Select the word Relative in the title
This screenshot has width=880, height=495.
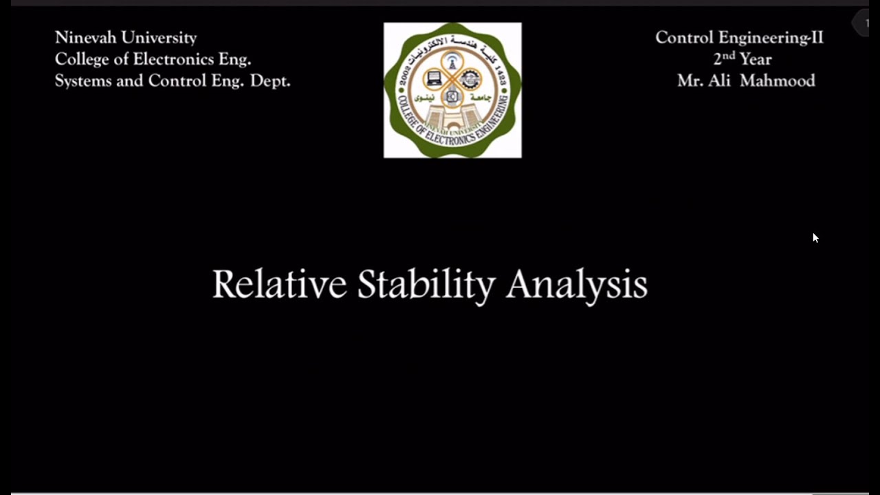279,284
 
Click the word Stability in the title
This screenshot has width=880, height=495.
426,285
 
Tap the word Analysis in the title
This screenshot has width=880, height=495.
576,285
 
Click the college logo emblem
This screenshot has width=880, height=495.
452,90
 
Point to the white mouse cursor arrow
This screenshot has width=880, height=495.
815,238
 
